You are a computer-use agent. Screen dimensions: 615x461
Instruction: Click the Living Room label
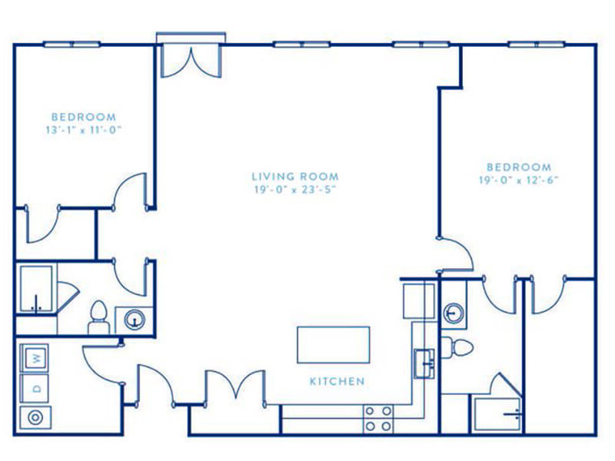pos(295,177)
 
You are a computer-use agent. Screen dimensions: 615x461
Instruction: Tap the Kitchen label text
pos(337,381)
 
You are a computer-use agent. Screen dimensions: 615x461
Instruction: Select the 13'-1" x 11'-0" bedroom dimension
pos(84,130)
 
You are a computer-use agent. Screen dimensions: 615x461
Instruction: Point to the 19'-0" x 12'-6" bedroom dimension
pos(518,180)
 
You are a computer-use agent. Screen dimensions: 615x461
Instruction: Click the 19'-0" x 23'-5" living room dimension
pos(295,190)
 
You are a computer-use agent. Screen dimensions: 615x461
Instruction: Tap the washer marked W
pos(35,358)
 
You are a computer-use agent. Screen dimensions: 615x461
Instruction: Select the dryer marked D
pos(35,388)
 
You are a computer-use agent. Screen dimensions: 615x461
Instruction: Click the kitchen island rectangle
pos(334,344)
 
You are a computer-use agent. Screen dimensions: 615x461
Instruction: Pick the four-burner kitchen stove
pos(378,419)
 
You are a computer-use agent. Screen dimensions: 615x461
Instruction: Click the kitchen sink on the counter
pos(424,363)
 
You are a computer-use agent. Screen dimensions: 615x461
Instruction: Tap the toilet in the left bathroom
pos(98,317)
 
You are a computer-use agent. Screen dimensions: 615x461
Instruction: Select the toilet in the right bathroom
pos(457,347)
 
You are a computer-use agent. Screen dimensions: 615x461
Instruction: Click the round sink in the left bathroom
pos(135,320)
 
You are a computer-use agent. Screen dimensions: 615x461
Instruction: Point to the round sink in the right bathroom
pos(454,313)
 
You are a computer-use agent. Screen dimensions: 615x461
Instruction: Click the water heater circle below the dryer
pos(35,417)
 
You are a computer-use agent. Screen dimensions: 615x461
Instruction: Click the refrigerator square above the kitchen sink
pos(419,301)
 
